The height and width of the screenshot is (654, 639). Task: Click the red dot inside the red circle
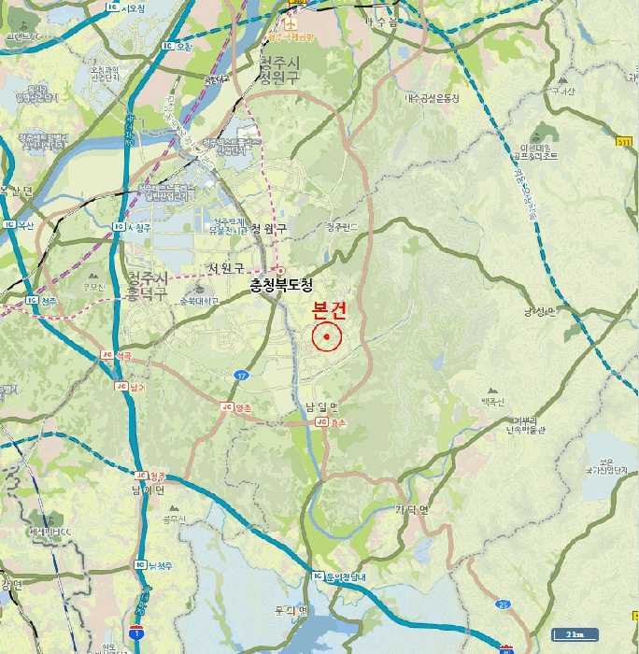327,337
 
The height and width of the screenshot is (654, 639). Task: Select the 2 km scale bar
574,635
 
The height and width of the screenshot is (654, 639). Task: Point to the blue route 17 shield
242,375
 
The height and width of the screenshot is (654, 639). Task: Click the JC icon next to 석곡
106,356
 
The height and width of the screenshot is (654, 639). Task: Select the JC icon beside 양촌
227,408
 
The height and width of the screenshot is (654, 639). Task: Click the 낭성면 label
539,311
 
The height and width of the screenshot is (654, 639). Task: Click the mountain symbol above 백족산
491,390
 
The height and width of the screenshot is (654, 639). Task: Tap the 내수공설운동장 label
432,98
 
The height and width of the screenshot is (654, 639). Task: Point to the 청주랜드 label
342,227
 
